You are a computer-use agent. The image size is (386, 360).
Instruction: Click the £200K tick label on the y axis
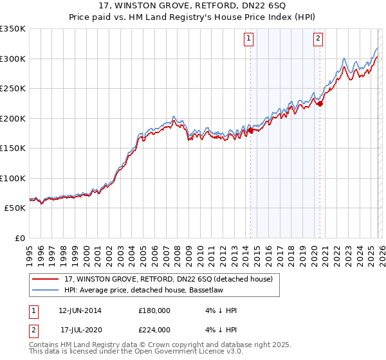tap(13, 118)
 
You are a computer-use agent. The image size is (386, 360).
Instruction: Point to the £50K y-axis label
tap(15, 208)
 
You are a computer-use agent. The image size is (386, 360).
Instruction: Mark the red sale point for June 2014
tap(250, 130)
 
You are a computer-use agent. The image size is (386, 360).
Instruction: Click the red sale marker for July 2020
tap(320, 104)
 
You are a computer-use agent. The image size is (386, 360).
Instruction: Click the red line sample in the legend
tap(45, 279)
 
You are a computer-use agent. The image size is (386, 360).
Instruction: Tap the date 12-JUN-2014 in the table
tap(80, 310)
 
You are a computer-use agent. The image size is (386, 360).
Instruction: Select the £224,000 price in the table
tap(154, 329)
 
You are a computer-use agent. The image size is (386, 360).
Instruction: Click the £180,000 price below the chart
tap(154, 310)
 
